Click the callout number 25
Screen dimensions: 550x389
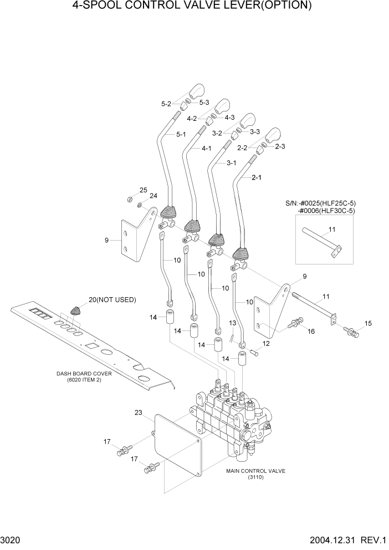143,190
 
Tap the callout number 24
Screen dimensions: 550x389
153,196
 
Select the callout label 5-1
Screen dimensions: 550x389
181,134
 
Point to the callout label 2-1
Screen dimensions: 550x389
257,177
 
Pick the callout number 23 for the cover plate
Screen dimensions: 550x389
137,412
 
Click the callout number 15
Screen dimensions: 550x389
368,323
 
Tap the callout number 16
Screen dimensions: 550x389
311,331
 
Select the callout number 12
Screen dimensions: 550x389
266,344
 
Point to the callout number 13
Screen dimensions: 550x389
233,323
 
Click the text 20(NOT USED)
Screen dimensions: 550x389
112,300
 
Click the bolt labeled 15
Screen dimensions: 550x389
351,333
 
